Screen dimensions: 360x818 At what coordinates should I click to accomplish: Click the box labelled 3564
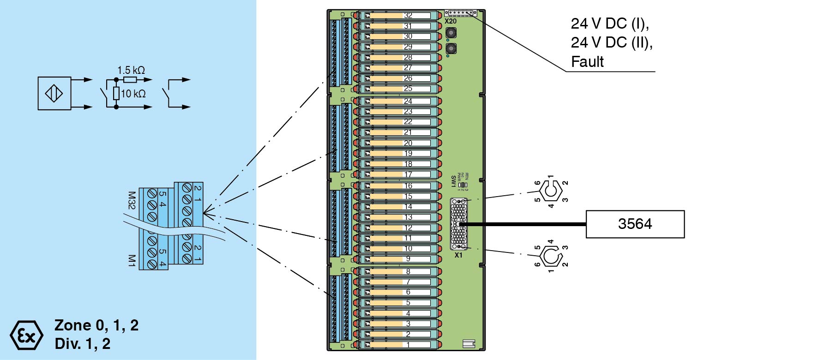click(635, 224)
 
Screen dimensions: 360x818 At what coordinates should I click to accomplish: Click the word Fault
click(587, 62)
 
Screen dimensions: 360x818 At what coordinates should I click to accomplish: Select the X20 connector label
click(450, 21)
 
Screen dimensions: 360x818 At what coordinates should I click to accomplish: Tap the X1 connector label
click(458, 255)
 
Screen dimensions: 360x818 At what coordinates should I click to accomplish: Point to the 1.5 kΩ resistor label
click(131, 70)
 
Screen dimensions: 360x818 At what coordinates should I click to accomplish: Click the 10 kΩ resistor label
click(133, 94)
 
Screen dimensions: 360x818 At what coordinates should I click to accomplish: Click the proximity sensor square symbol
click(54, 93)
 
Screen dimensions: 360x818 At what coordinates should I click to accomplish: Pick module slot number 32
click(408, 16)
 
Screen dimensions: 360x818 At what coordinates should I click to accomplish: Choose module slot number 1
click(408, 345)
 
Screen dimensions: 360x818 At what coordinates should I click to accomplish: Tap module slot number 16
click(408, 186)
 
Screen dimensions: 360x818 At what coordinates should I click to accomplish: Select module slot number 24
click(408, 101)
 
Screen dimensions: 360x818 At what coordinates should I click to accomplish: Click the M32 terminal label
click(132, 200)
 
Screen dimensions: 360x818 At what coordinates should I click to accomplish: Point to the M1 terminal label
click(132, 260)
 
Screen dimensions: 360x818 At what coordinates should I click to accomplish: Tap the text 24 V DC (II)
click(611, 42)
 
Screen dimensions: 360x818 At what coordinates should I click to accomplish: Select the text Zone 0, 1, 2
click(96, 325)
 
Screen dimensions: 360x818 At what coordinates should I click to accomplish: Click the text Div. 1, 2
click(82, 344)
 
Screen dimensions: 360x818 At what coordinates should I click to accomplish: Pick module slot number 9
click(408, 259)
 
